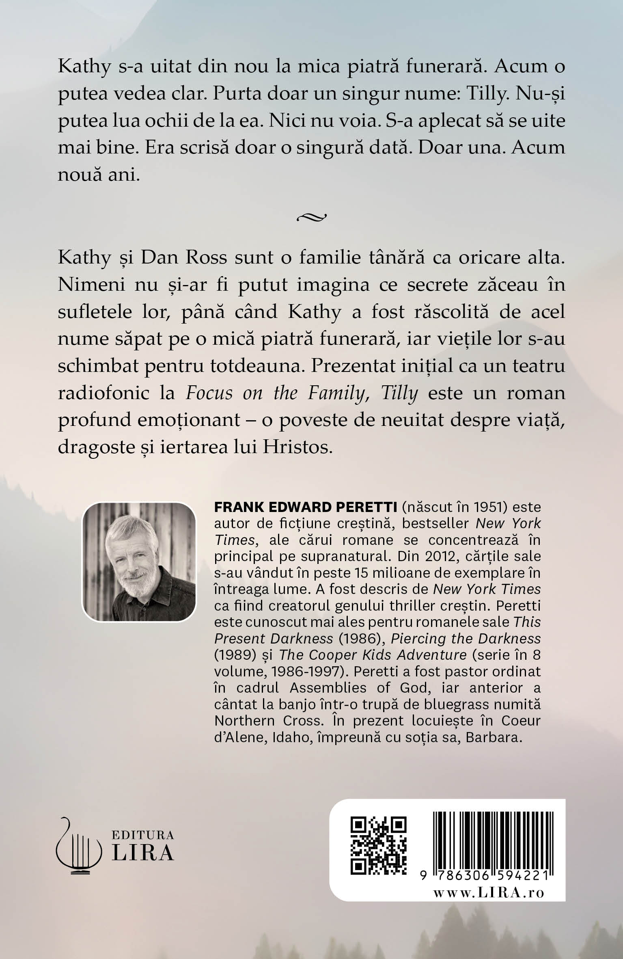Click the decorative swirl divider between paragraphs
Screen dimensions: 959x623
(311, 217)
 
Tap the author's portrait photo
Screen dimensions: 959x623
(139, 562)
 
